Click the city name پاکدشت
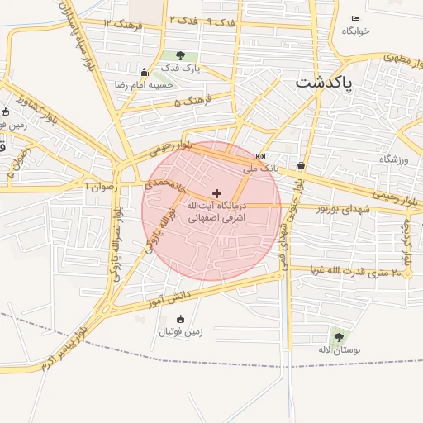[x=323, y=84]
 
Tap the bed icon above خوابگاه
[x=356, y=19]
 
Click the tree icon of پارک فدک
[x=180, y=55]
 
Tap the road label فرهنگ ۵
[x=193, y=101]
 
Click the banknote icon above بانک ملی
[x=261, y=156]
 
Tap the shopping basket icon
[x=300, y=165]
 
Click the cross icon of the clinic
[x=217, y=192]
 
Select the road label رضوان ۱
[x=101, y=187]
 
